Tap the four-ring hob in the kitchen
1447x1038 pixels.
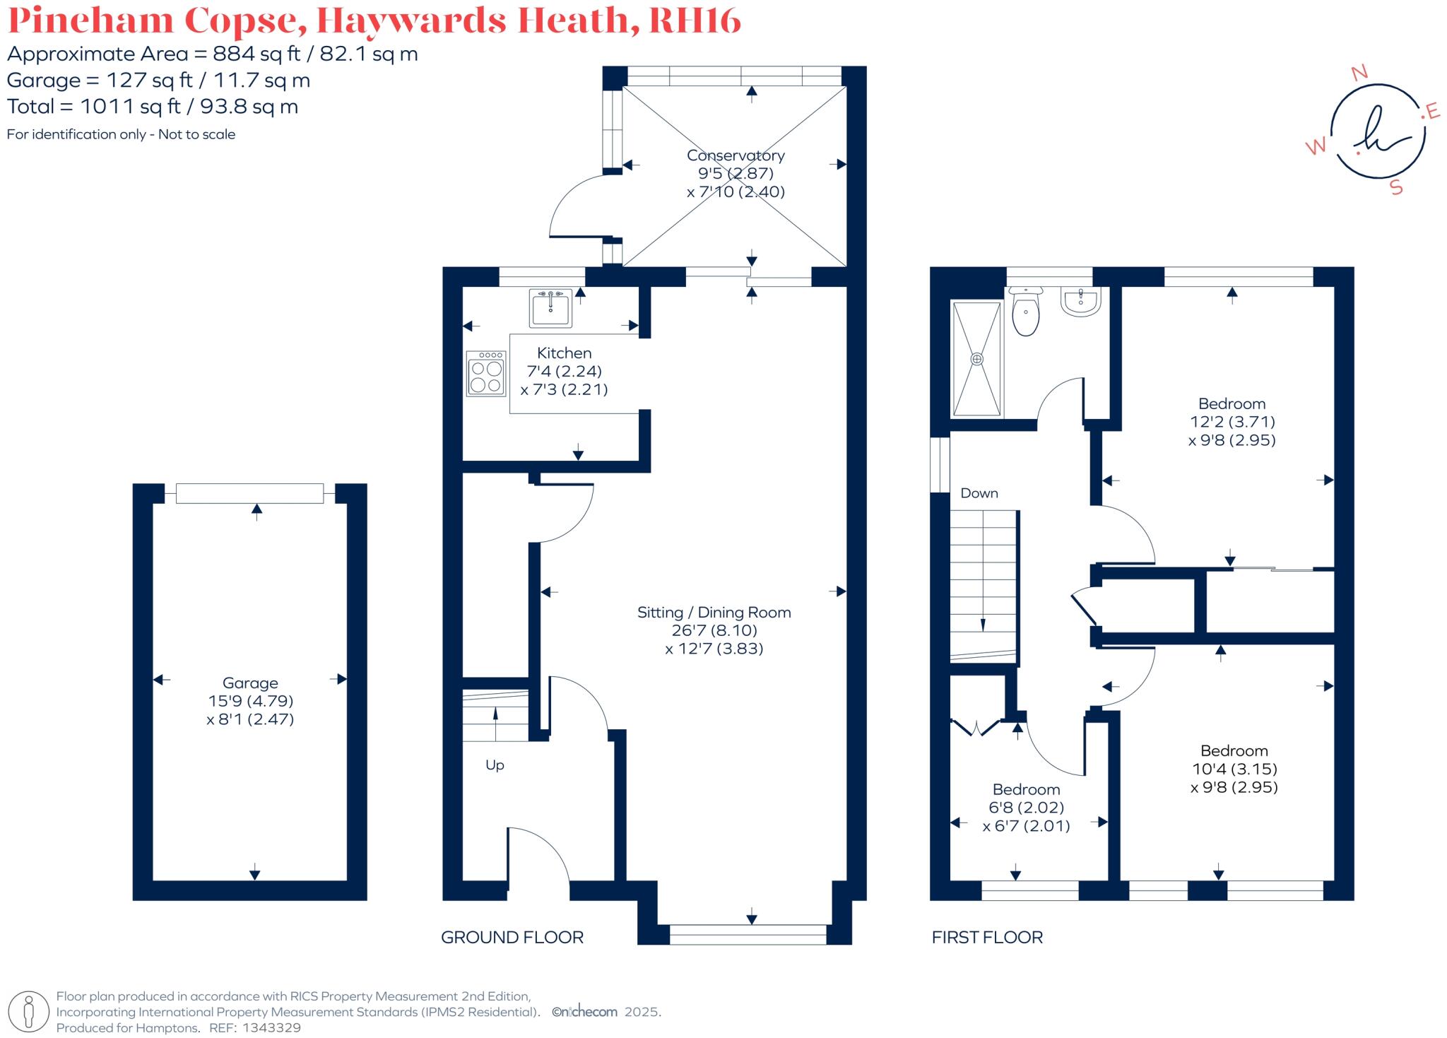point(486,373)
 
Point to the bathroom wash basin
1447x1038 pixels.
point(1080,302)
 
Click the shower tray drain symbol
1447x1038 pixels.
point(977,359)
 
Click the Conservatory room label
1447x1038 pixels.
point(736,155)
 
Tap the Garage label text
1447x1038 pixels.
point(250,683)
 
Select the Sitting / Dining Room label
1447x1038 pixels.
point(714,613)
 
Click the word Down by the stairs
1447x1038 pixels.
point(979,493)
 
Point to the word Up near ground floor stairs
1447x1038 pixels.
point(495,765)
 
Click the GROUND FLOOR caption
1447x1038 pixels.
point(512,938)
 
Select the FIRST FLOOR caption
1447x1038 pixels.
point(987,938)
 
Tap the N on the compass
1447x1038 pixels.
point(1359,72)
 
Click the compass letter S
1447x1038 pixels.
point(1396,187)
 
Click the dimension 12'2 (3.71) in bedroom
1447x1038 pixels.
point(1232,422)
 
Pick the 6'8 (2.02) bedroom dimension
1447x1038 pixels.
point(1026,808)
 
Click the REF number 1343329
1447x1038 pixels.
point(271,1028)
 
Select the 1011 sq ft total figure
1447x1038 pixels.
point(130,107)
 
